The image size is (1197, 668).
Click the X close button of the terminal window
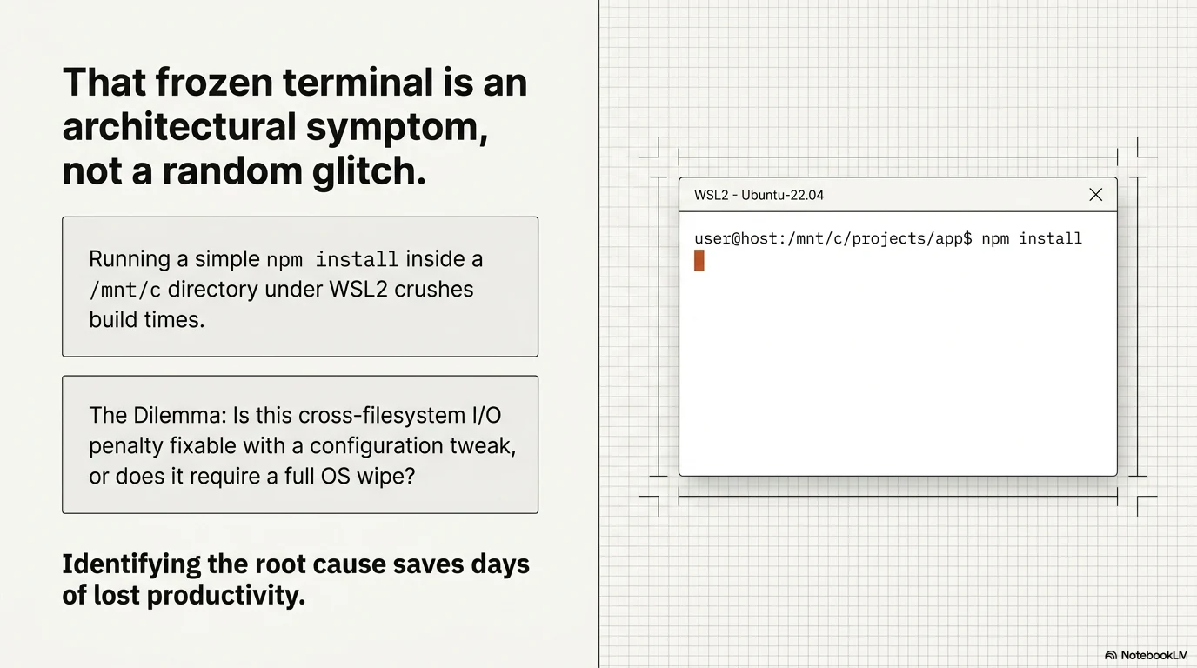[x=1095, y=195]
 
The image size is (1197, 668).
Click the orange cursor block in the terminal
[x=699, y=260]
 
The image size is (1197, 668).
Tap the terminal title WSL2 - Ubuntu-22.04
[x=759, y=195]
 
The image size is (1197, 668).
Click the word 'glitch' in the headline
[x=369, y=170]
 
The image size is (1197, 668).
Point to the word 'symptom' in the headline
[x=397, y=127]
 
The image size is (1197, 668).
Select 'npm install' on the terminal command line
[x=1032, y=238]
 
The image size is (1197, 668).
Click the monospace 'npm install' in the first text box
[x=332, y=259]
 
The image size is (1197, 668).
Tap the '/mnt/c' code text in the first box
[x=124, y=290]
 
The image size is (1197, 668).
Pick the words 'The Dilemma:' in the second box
[x=158, y=415]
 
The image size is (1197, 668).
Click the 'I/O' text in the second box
[x=487, y=415]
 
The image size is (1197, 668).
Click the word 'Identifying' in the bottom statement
[x=131, y=564]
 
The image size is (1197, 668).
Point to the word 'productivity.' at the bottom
[x=226, y=595]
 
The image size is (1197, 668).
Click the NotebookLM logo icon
[x=1111, y=655]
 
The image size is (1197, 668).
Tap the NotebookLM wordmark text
[x=1154, y=655]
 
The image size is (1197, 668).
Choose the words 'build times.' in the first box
[x=146, y=319]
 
